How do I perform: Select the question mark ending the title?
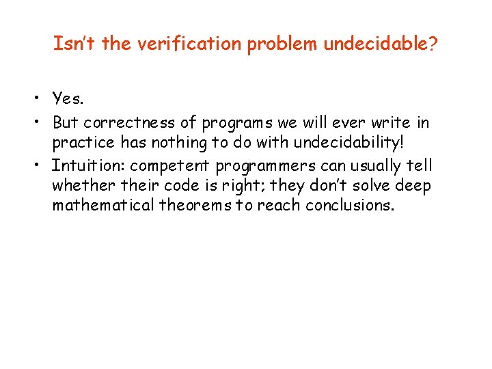click(434, 44)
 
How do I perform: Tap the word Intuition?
click(87, 165)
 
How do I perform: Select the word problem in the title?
click(285, 44)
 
